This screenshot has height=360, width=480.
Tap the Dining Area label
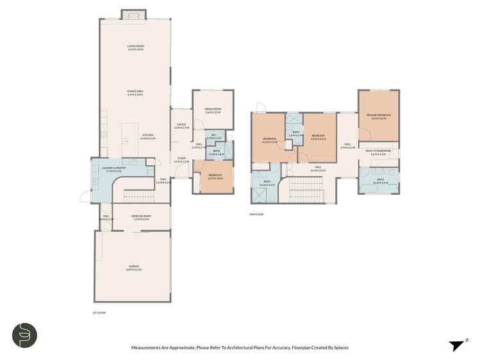click(135, 93)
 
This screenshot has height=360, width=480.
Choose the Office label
click(181, 126)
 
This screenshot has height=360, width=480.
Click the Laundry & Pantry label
click(112, 170)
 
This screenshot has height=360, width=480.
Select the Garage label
click(133, 267)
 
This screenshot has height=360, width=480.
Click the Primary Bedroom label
click(379, 117)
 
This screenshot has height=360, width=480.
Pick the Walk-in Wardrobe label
click(379, 152)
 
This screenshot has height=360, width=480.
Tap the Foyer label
click(181, 160)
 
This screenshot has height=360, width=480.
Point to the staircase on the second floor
click(301, 188)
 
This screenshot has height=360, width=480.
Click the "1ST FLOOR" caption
click(99, 313)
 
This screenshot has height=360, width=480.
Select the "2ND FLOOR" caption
click(257, 215)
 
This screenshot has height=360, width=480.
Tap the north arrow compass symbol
click(456, 345)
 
